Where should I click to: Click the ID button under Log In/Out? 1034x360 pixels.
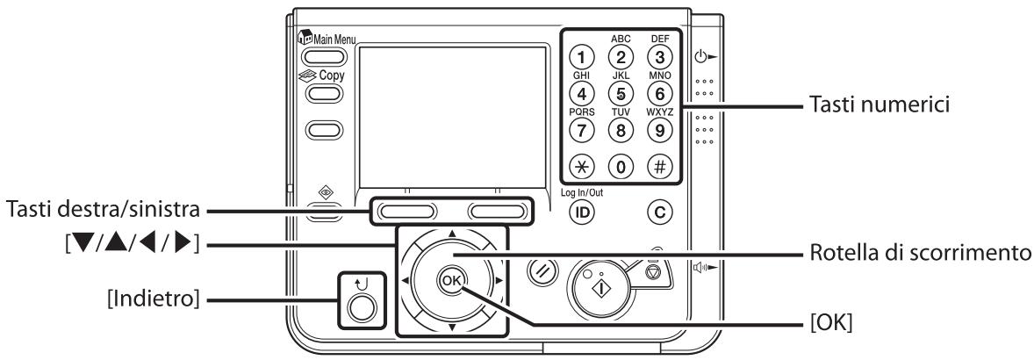579,212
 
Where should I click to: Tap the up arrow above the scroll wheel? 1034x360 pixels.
451,234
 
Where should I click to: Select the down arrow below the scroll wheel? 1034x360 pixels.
451,326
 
